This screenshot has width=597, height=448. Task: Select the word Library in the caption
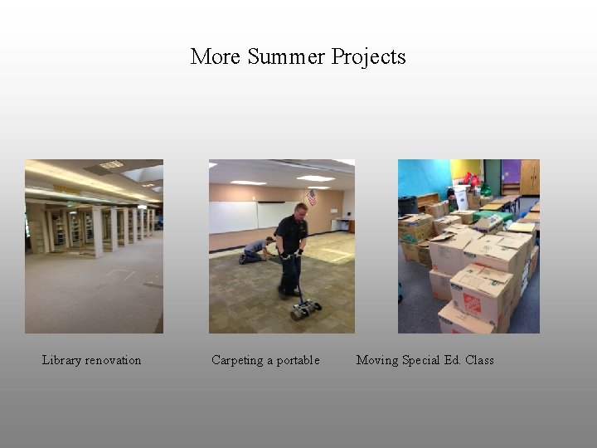[x=61, y=360]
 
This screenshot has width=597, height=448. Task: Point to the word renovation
[x=113, y=360]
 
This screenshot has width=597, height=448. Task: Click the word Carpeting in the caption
[x=237, y=360]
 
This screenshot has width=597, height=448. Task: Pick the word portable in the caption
[x=298, y=360]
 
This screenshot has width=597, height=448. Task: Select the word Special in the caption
[x=423, y=360]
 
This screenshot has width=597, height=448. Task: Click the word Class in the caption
[x=479, y=360]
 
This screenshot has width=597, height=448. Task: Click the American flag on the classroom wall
[x=312, y=197]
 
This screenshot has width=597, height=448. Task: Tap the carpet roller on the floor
[x=305, y=309]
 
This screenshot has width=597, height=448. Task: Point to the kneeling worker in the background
[x=255, y=248]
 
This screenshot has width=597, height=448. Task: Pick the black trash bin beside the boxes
[x=407, y=205]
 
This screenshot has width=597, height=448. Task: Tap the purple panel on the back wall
[x=511, y=172]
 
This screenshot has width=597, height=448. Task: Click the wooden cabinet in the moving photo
[x=530, y=177]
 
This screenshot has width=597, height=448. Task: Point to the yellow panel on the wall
[x=466, y=169]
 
